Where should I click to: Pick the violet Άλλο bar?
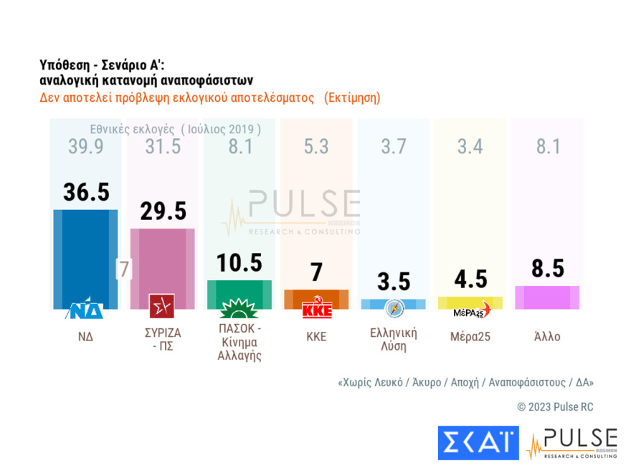[x=547, y=297]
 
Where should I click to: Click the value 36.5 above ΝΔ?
[x=85, y=193]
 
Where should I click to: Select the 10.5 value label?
[x=239, y=262]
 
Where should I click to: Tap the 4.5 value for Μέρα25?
[x=470, y=279]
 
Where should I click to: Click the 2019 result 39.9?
[x=85, y=147]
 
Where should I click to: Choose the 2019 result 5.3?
[x=315, y=147]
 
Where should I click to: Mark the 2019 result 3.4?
[x=470, y=147]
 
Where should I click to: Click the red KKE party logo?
[x=316, y=310]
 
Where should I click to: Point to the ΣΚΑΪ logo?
[x=478, y=442]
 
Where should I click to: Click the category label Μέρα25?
[x=470, y=336]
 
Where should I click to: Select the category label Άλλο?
[x=547, y=336]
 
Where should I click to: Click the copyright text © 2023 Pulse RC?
[x=555, y=407]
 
